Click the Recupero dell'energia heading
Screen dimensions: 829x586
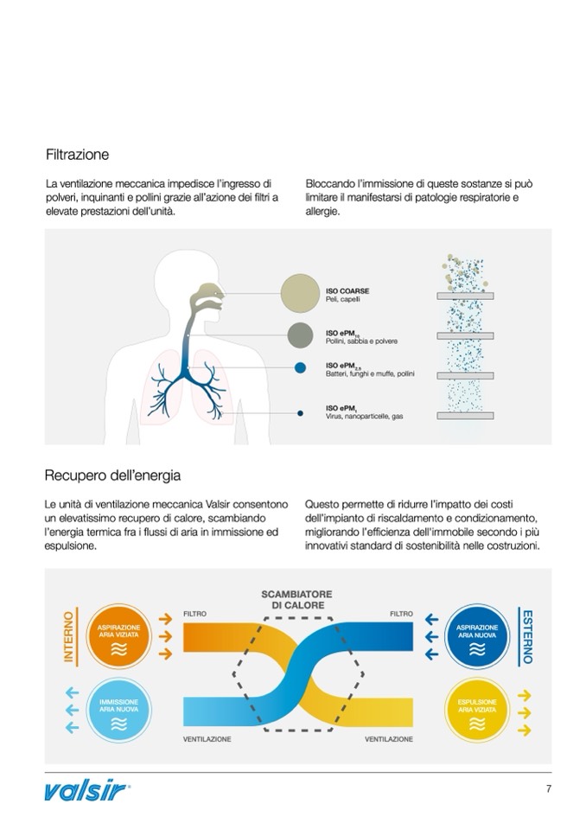pyautogui.click(x=112, y=475)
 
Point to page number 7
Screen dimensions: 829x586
pyautogui.click(x=548, y=788)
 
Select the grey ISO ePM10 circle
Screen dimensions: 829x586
pyautogui.click(x=300, y=335)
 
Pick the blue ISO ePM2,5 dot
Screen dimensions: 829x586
pyautogui.click(x=300, y=368)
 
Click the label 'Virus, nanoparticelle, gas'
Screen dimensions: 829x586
pyautogui.click(x=364, y=417)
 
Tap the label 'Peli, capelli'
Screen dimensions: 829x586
pyautogui.click(x=342, y=299)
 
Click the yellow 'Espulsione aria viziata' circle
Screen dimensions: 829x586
pyautogui.click(x=477, y=710)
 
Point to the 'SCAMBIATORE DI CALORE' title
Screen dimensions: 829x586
pyautogui.click(x=296, y=599)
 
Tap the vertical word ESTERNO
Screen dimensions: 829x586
pyautogui.click(x=527, y=636)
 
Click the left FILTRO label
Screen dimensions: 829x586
pyautogui.click(x=194, y=615)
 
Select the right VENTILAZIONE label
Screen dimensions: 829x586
pyautogui.click(x=389, y=739)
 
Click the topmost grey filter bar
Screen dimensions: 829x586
pyautogui.click(x=465, y=296)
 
